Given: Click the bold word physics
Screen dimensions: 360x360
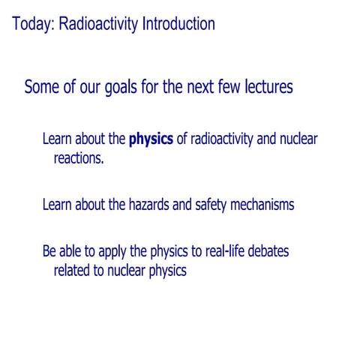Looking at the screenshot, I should [151, 139].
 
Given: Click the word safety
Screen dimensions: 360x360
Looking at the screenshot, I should [212, 204].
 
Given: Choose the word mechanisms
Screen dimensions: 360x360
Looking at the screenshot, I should [263, 204].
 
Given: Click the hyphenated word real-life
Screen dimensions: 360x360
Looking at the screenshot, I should [225, 251].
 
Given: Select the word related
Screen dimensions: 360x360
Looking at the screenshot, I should [73, 270].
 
